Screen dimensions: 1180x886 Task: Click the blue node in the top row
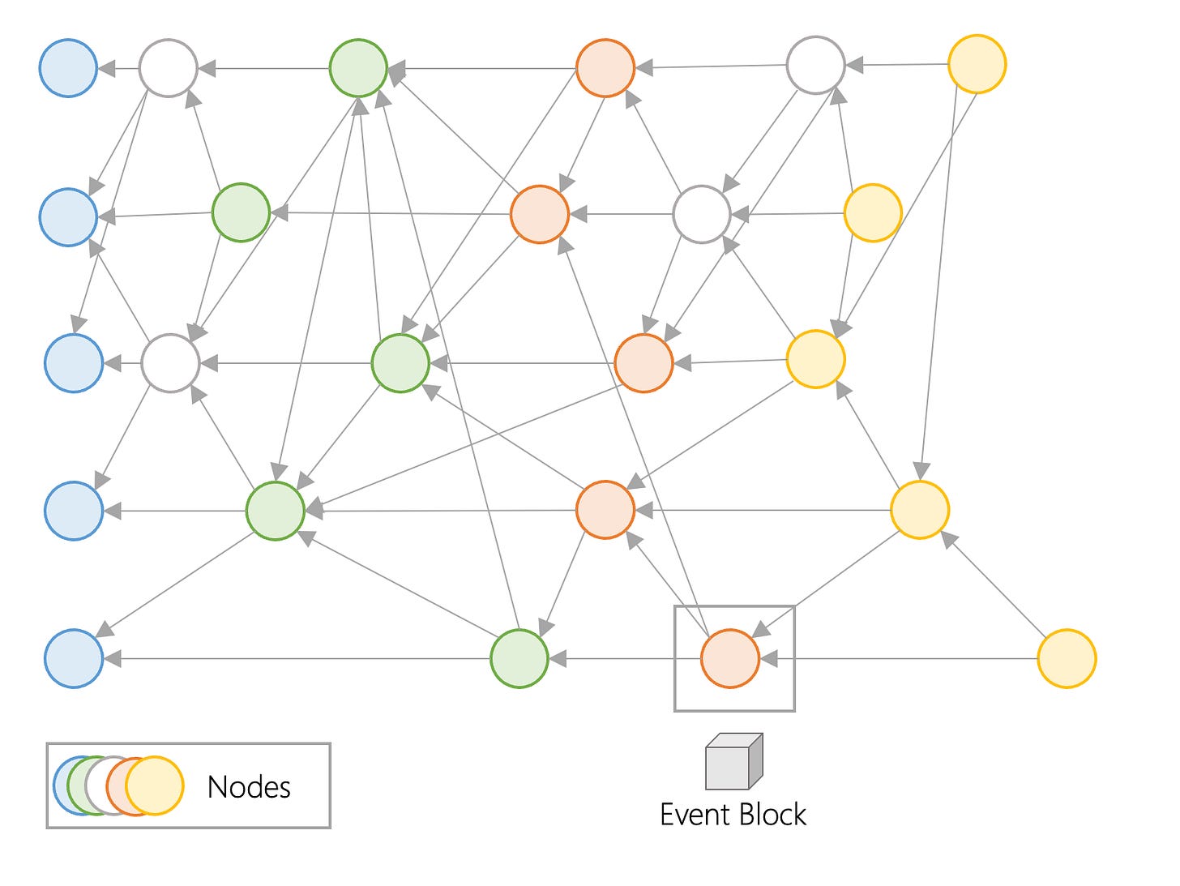68,68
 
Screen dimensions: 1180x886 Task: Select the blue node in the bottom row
74,658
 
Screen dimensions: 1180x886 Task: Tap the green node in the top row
358,68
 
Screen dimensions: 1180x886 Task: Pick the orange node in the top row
605,68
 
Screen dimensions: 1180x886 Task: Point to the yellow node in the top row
977,65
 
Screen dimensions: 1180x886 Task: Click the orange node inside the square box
730,658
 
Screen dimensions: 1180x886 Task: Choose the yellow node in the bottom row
1067,658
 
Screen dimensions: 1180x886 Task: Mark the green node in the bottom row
519,658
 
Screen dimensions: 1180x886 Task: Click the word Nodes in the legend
249,788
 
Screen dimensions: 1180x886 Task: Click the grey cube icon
734,761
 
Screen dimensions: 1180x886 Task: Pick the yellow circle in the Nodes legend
155,786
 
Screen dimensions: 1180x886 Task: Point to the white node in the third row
170,363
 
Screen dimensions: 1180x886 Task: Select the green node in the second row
241,212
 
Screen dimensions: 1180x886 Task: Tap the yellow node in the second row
873,213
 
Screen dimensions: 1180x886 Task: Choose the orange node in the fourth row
605,510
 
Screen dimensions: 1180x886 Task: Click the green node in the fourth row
276,511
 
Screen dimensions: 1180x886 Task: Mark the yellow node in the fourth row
920,510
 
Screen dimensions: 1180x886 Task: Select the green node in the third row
400,363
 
